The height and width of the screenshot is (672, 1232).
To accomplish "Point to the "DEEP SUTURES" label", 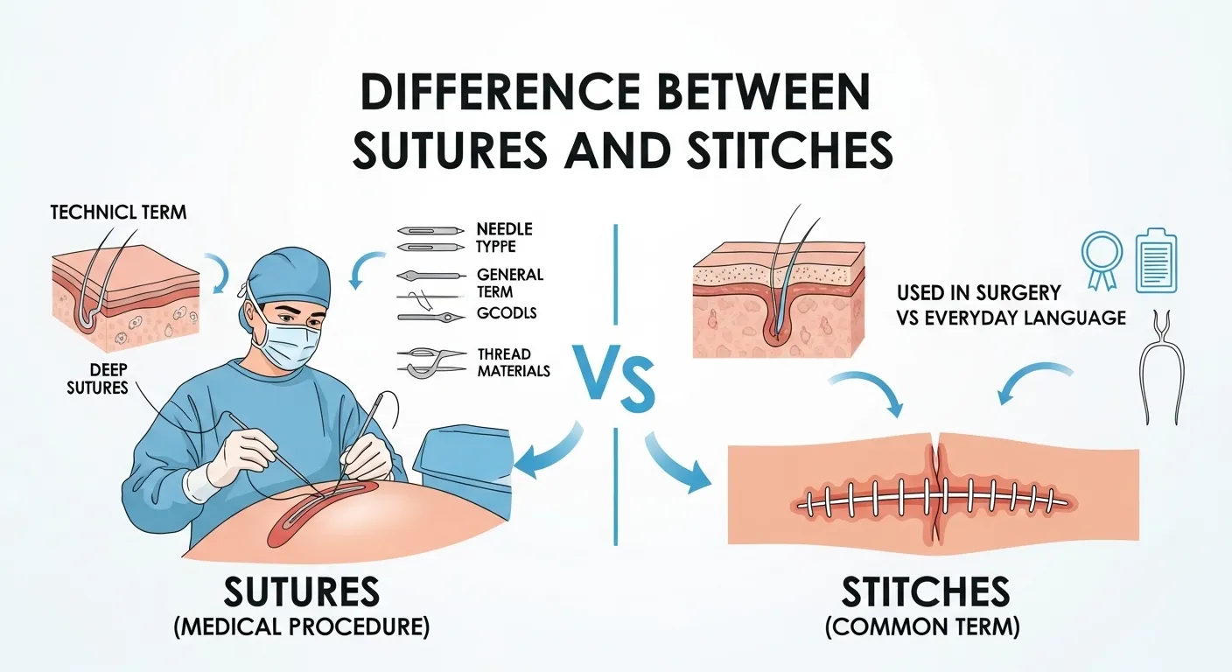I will pyautogui.click(x=96, y=377).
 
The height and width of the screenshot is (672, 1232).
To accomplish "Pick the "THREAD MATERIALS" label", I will pyautogui.click(x=513, y=362).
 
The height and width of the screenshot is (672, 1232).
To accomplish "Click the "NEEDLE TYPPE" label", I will pyautogui.click(x=504, y=237).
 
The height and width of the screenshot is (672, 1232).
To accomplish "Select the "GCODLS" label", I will pyautogui.click(x=507, y=312).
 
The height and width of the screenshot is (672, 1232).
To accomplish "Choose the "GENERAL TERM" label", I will pyautogui.click(x=510, y=282).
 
